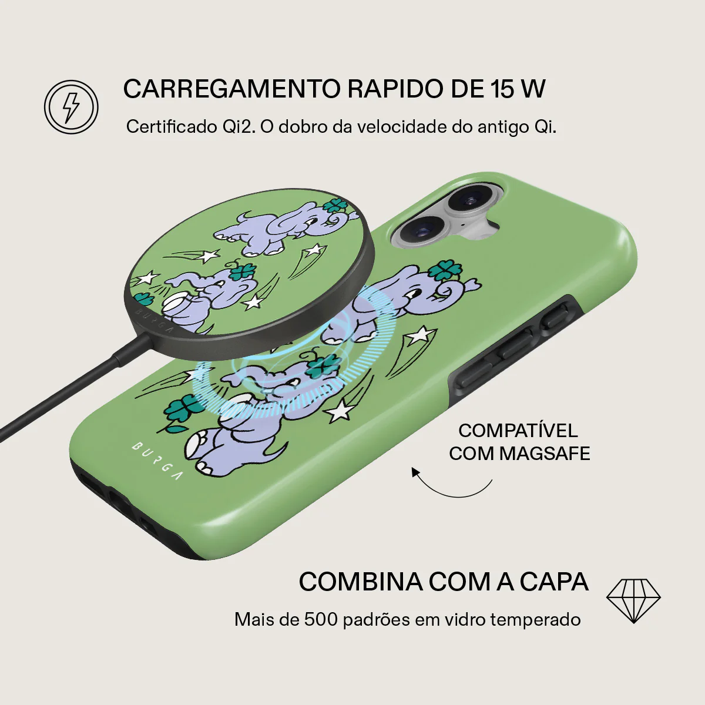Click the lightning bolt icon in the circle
click(x=71, y=107)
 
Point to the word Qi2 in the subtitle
click(x=238, y=127)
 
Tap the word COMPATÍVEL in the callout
click(x=518, y=431)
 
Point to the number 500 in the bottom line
click(x=320, y=619)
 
